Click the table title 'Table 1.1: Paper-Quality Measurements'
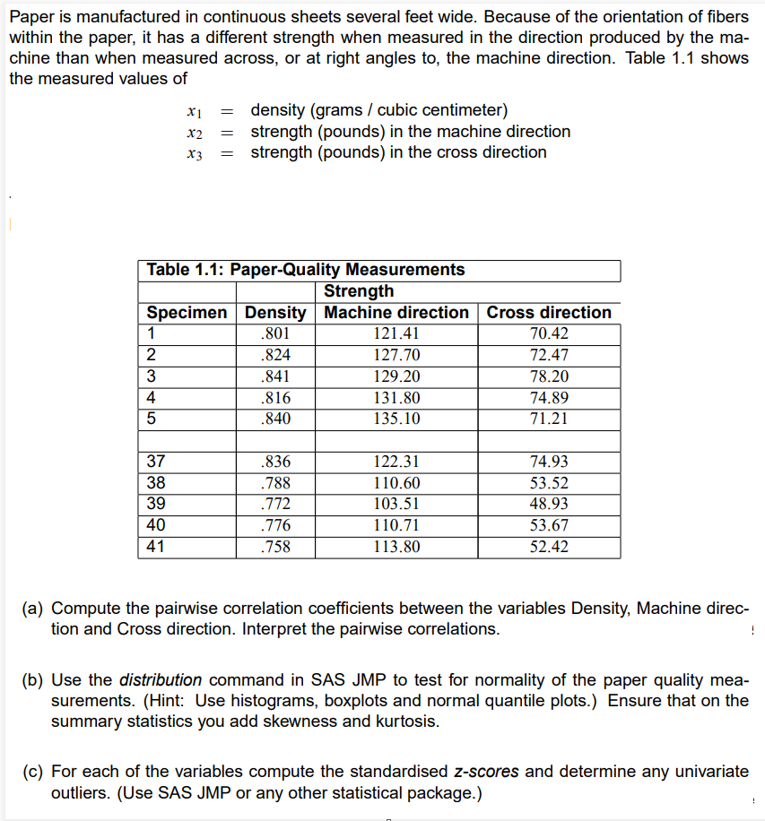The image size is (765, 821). (x=305, y=270)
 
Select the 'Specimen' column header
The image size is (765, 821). (x=187, y=313)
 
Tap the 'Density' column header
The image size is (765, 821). (x=275, y=313)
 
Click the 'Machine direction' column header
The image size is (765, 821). (x=396, y=313)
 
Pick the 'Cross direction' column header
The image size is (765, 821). (x=549, y=313)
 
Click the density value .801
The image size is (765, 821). (x=274, y=333)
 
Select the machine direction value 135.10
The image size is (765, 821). (x=396, y=419)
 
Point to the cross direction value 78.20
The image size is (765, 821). (x=549, y=376)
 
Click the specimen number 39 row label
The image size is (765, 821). (x=155, y=505)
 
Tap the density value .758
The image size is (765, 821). (x=274, y=547)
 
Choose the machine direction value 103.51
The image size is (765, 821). (x=396, y=505)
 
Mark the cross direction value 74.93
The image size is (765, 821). (x=549, y=462)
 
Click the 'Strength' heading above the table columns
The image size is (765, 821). (x=358, y=291)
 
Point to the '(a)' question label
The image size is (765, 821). (x=34, y=608)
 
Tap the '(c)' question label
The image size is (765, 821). (x=34, y=772)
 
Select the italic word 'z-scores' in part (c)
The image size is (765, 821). (x=488, y=772)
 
